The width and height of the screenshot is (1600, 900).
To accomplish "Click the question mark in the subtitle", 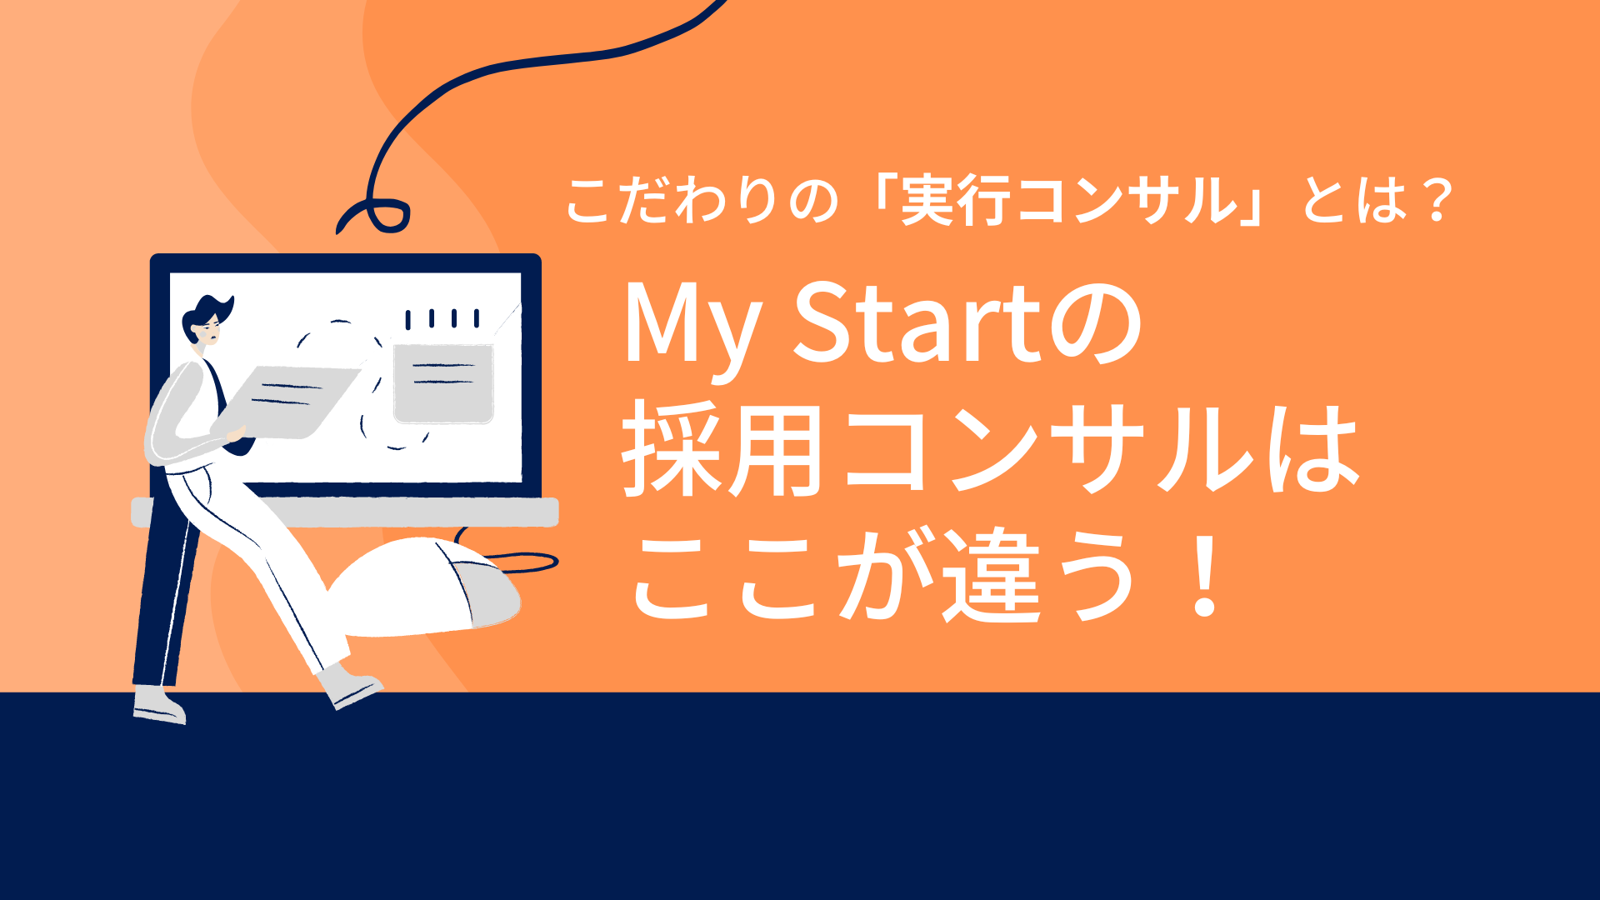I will coord(1437,201).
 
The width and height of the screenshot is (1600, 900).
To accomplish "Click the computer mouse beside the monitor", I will coord(433,583).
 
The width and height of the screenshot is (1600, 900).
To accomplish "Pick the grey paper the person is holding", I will coord(287,400).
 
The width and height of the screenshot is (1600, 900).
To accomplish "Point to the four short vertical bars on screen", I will coord(442,318).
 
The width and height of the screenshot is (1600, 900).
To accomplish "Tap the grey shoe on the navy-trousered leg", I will coord(158,704).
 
